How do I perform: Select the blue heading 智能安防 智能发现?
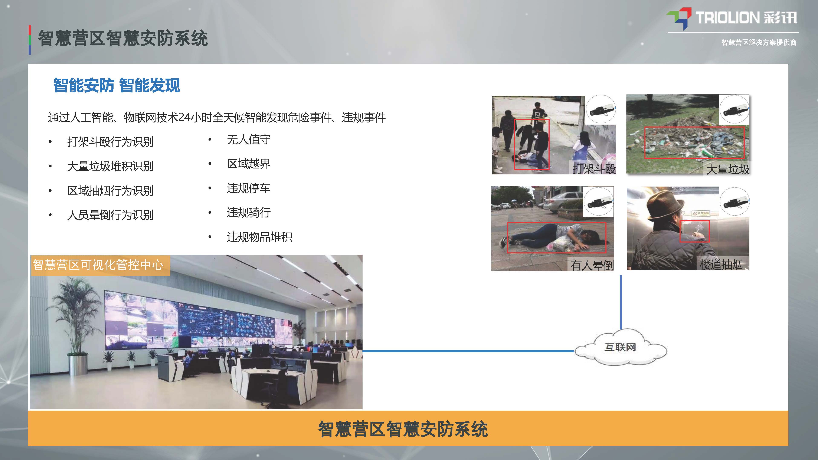(x=117, y=85)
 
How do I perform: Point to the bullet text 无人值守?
(x=249, y=139)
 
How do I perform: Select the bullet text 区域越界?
(x=249, y=164)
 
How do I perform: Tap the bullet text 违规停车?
(x=249, y=188)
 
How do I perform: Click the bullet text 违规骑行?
(x=249, y=212)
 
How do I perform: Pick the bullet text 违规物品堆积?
(x=259, y=237)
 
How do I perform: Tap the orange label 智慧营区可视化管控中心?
(x=98, y=265)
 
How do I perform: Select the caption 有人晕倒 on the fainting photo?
(x=592, y=265)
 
